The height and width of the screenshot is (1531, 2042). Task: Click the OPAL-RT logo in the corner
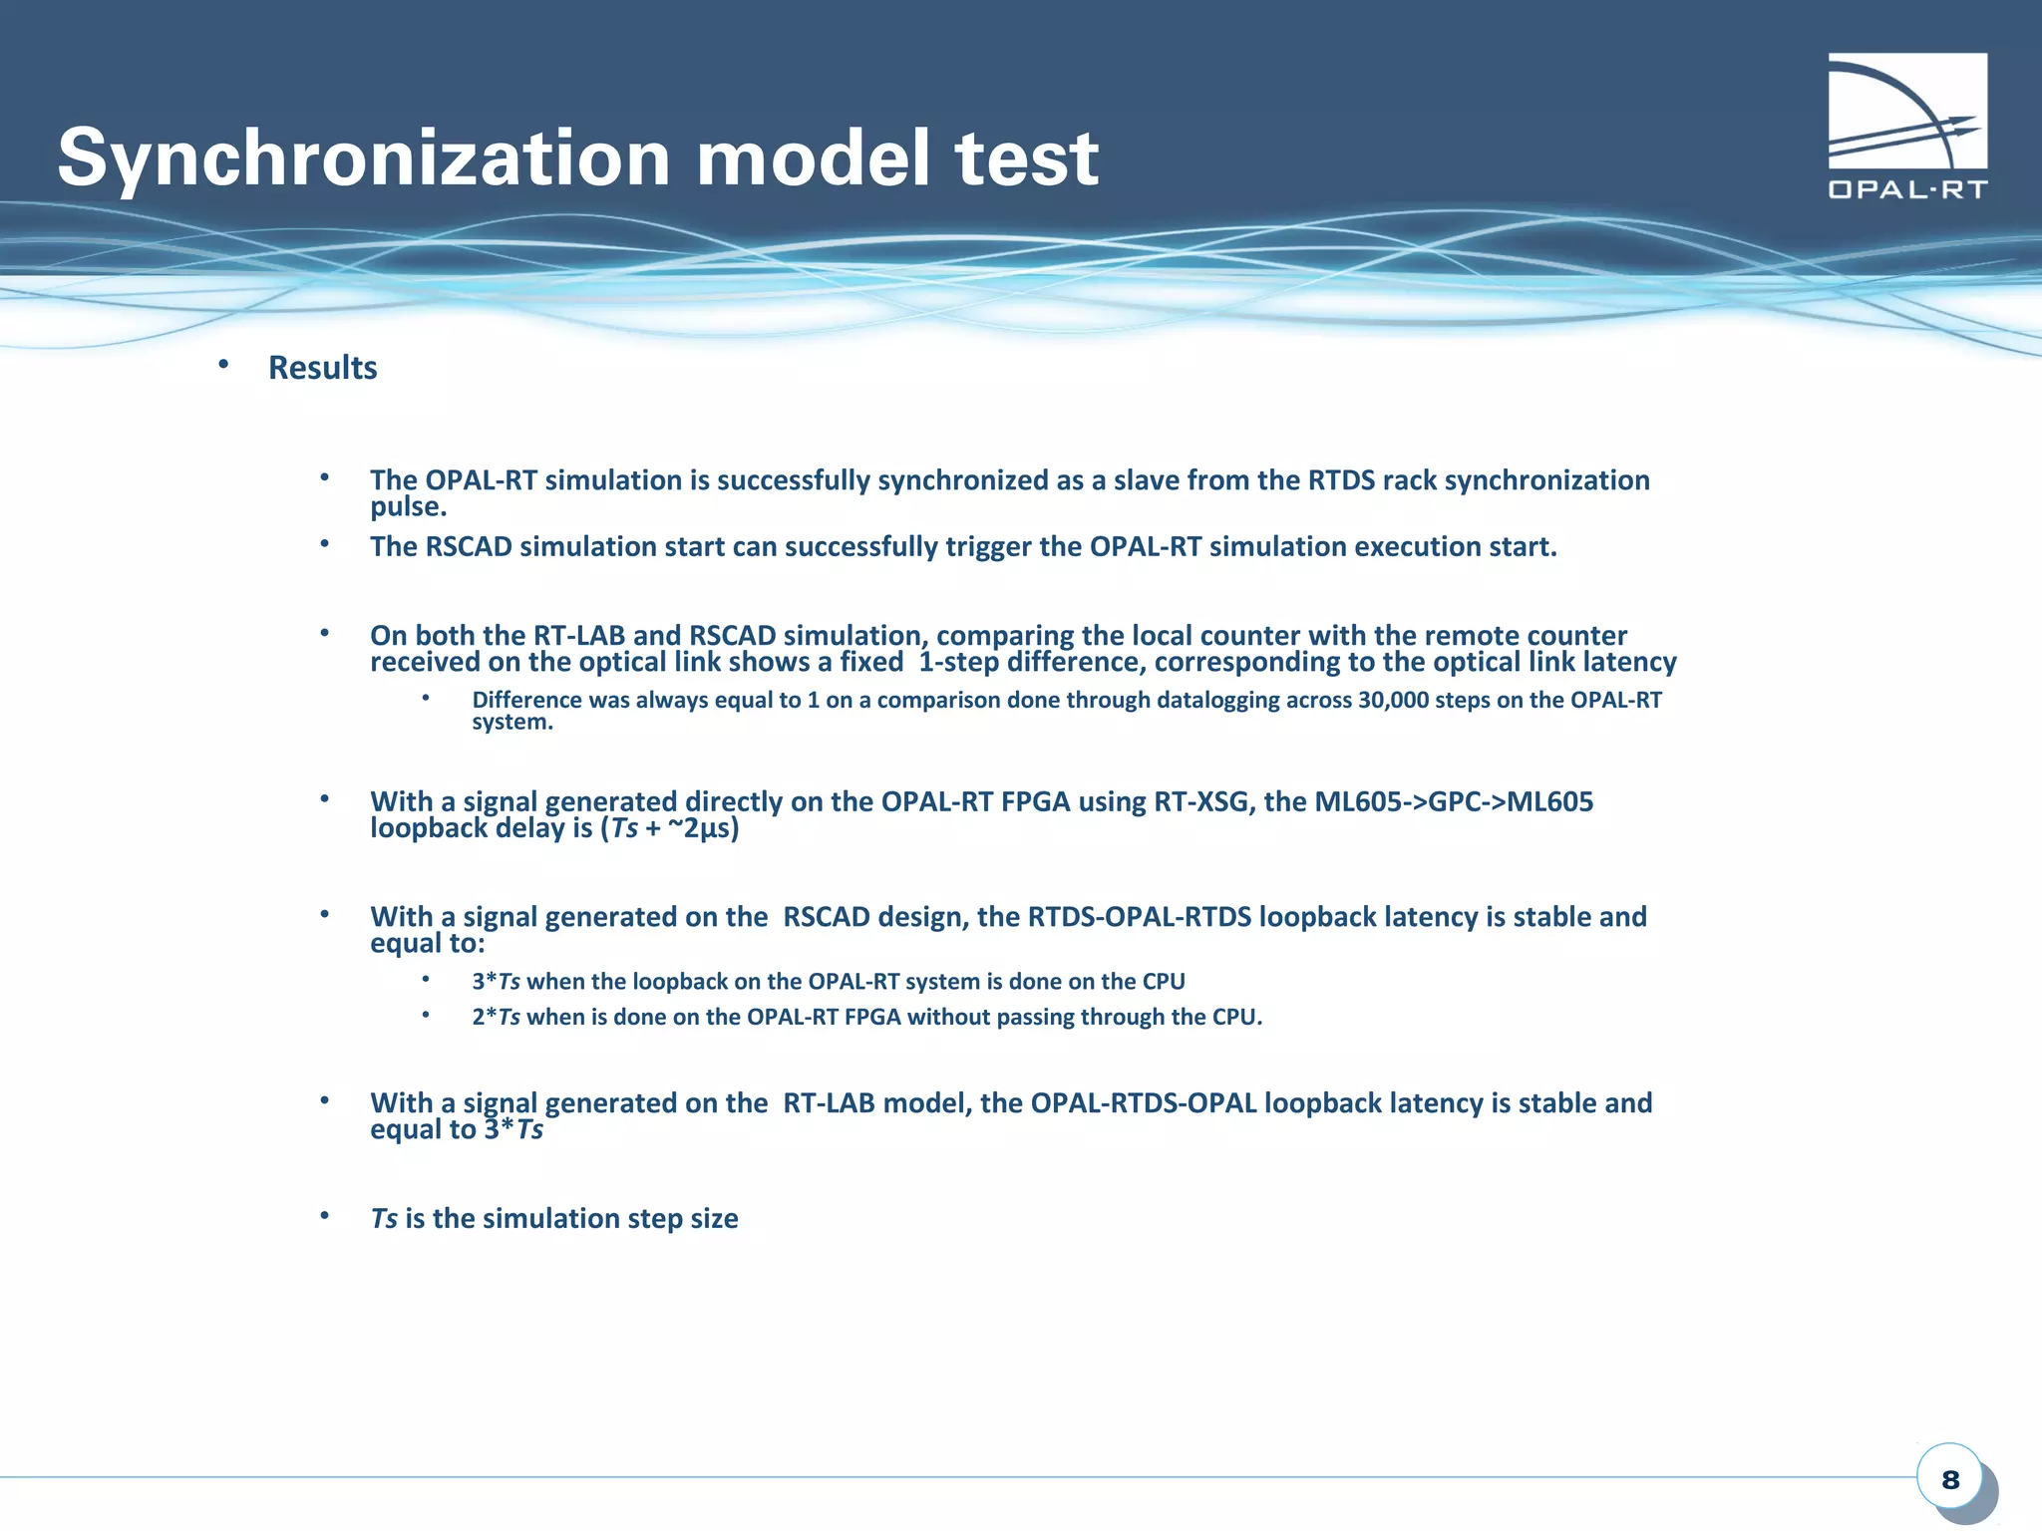(x=1906, y=126)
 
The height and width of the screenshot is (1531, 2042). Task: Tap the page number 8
(x=1950, y=1480)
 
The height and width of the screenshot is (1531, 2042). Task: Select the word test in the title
(x=1027, y=158)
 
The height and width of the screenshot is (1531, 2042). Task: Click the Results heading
(x=322, y=368)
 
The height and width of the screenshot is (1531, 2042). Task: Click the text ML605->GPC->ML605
(x=1454, y=801)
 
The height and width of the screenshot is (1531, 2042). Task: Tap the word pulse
(x=408, y=507)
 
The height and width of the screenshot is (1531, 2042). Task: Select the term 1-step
(x=958, y=662)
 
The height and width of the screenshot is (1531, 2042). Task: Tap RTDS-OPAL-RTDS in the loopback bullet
(x=1139, y=917)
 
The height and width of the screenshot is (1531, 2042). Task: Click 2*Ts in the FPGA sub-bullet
(x=496, y=1017)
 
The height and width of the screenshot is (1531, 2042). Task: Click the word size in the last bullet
(x=714, y=1219)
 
